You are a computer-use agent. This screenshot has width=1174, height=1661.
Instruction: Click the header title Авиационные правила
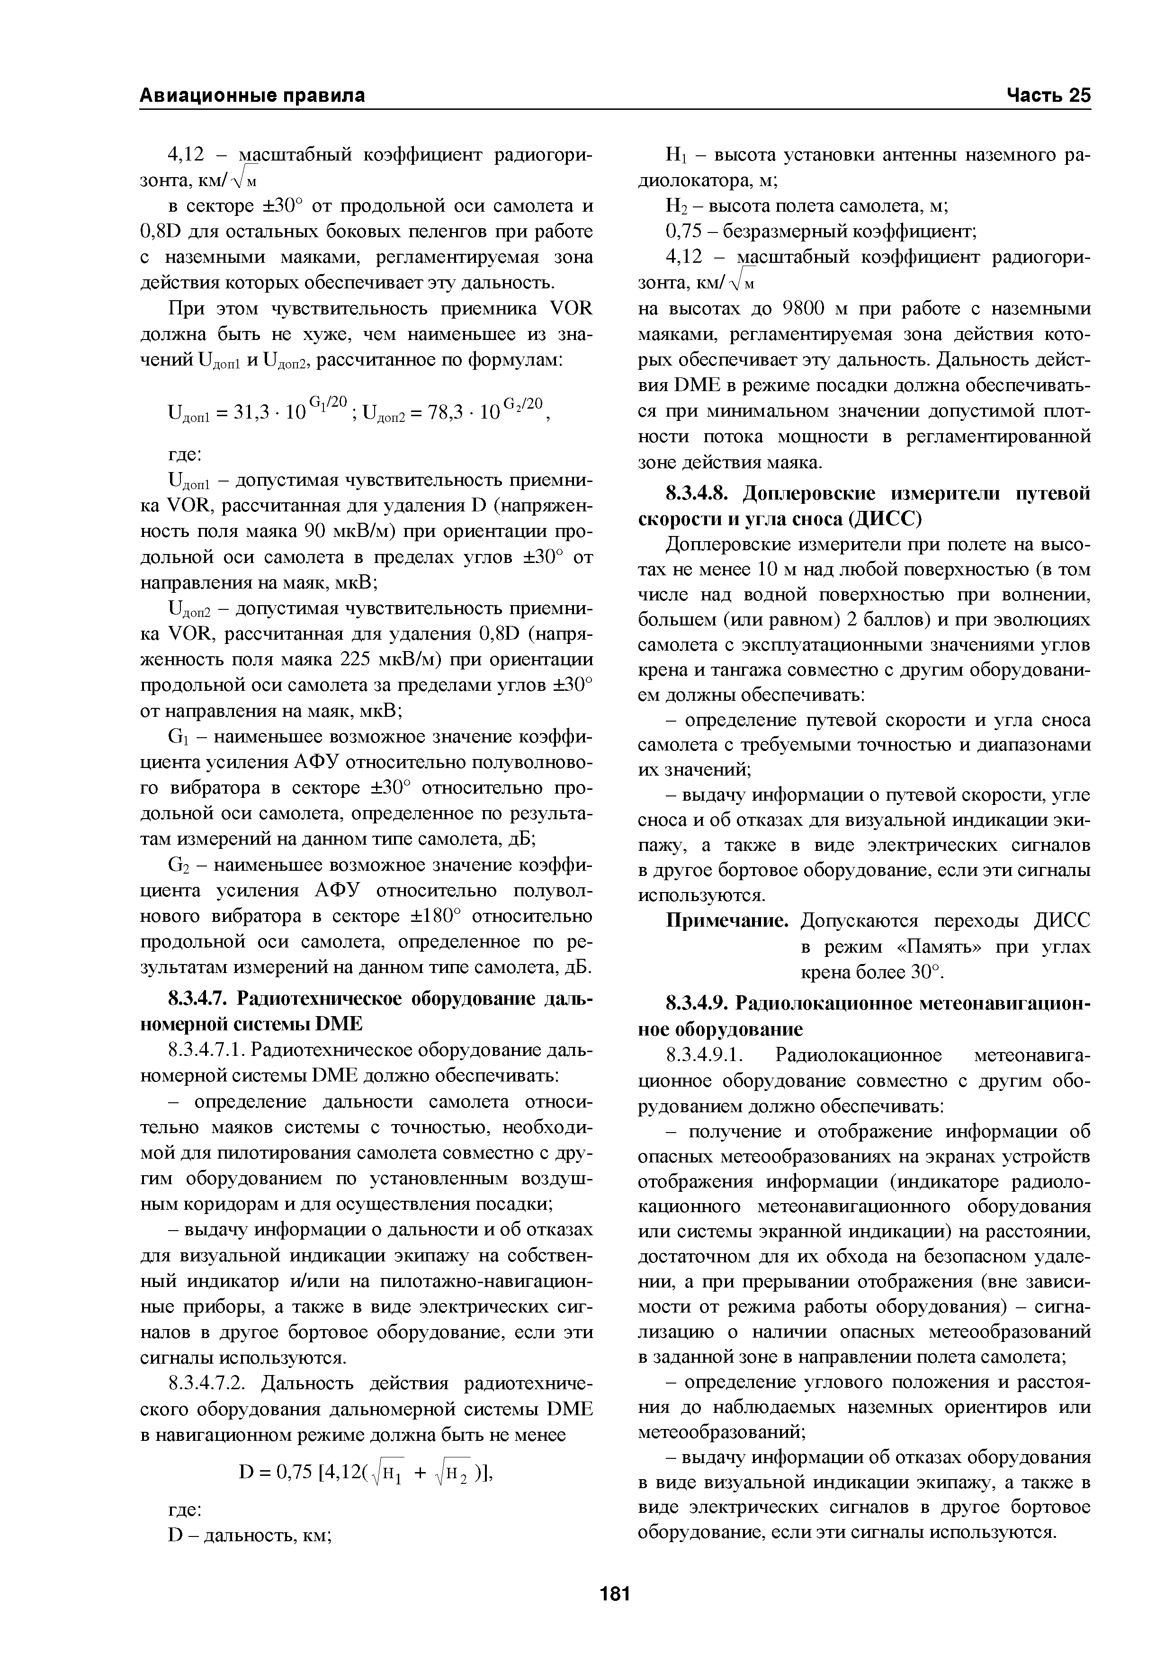(x=252, y=96)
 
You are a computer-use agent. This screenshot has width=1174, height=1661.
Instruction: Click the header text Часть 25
(x=1046, y=96)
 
